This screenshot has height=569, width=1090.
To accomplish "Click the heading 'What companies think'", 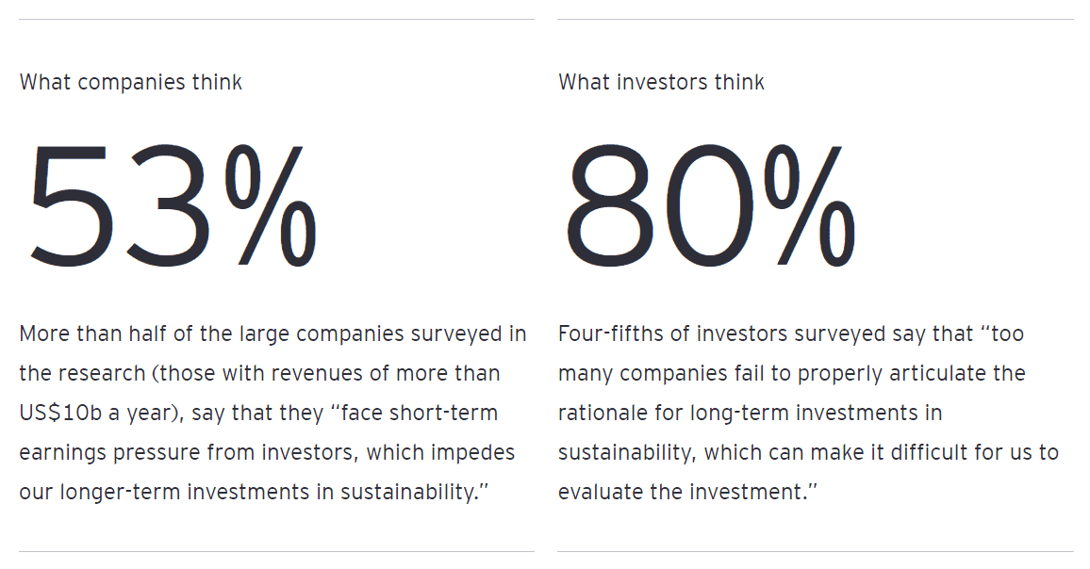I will [130, 83].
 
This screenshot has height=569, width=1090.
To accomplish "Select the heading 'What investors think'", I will [661, 83].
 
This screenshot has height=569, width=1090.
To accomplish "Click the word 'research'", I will [102, 374].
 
